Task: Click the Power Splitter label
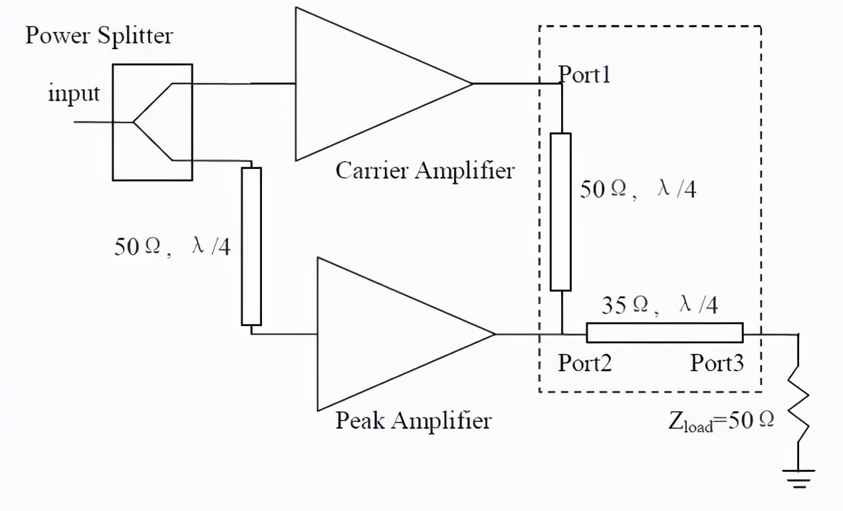(99, 36)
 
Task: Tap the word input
(74, 92)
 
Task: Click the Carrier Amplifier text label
(425, 170)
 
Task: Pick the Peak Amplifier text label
(414, 420)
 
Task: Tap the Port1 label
(584, 74)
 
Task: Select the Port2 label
(584, 363)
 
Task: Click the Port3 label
(717, 363)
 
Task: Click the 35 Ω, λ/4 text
(660, 305)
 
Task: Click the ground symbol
(798, 478)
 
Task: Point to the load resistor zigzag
(798, 405)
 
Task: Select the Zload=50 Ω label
(721, 421)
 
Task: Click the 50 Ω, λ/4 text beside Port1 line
(638, 189)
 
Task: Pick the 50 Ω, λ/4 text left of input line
(172, 247)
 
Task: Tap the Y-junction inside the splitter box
(133, 122)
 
